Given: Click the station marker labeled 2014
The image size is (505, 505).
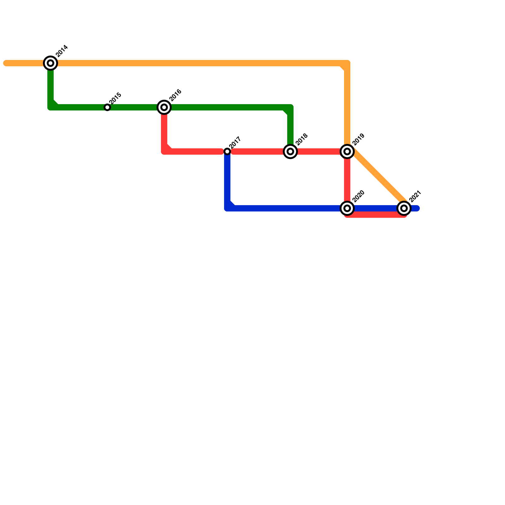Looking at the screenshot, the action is (x=50, y=63).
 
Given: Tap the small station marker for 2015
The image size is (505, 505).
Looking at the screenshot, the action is (x=107, y=108).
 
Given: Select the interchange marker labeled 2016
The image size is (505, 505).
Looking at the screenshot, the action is (x=164, y=107).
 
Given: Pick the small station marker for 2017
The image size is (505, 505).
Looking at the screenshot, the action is (x=227, y=151).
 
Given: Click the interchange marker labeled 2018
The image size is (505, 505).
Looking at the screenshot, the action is (x=290, y=151).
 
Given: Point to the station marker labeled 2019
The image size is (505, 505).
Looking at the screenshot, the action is (x=347, y=151).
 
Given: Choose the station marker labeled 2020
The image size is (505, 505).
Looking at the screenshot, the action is (x=347, y=208).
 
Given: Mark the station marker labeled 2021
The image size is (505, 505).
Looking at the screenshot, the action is (x=404, y=208).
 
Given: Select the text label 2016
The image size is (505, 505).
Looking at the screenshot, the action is (x=175, y=95).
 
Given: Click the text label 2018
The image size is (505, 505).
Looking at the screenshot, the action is (x=302, y=140).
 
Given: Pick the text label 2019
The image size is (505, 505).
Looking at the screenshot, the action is (x=359, y=140).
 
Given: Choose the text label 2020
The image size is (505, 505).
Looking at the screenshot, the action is (x=359, y=196).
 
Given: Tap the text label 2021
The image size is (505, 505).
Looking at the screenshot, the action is (x=415, y=196).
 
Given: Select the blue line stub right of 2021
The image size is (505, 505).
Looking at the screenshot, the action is (x=415, y=208).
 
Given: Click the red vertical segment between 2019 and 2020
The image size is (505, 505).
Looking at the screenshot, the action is (x=347, y=180).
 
